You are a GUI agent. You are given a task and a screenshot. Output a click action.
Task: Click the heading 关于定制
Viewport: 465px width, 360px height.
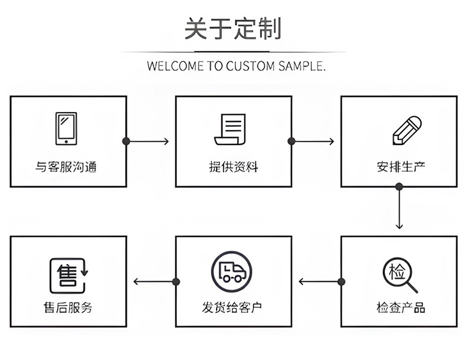tap(232, 28)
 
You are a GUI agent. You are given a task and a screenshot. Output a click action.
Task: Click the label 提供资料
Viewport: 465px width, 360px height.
tap(233, 167)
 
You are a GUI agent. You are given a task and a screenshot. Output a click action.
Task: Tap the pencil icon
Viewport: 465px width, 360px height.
tap(407, 130)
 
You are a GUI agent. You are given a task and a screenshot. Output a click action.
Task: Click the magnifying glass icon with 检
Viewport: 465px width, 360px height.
tap(401, 275)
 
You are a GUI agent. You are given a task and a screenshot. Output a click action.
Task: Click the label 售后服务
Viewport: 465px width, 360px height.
tap(68, 308)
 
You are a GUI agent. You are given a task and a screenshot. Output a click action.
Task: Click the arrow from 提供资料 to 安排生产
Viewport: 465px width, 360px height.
tap(313, 141)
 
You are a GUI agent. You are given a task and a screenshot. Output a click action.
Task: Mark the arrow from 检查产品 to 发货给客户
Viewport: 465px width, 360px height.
tap(320, 282)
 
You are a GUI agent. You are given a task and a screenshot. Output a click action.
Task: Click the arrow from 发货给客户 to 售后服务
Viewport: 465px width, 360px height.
tap(154, 282)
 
